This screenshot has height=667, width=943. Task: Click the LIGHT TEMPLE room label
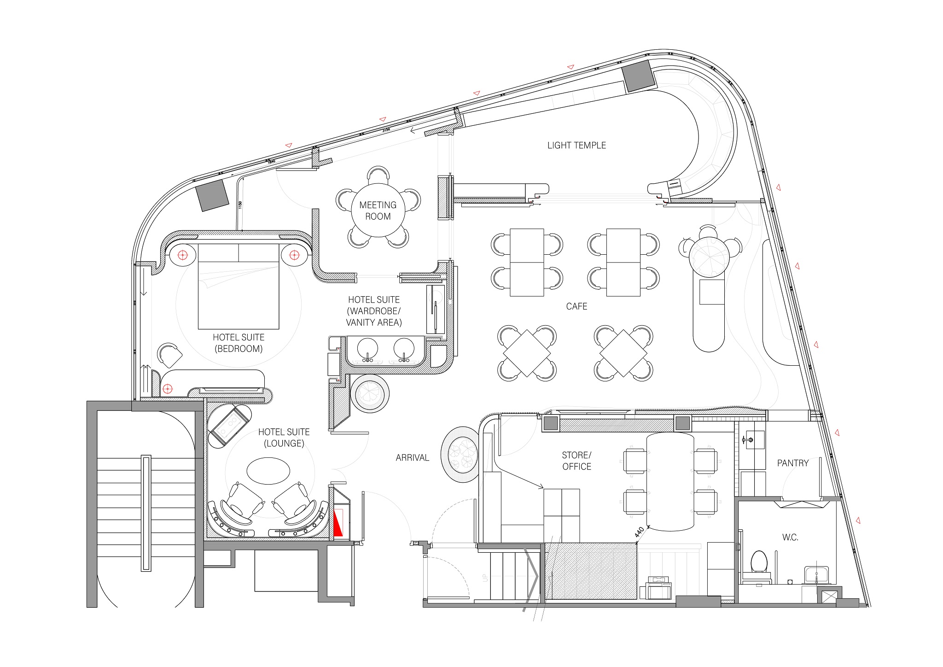pos(576,146)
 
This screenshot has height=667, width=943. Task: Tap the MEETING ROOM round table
pos(378,211)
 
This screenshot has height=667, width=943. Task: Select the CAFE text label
pos(576,306)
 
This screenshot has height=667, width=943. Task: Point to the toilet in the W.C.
pos(758,562)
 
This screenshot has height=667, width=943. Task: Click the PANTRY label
pos(792,463)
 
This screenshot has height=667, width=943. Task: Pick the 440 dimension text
pos(639,532)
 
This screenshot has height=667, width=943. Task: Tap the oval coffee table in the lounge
pos(268,471)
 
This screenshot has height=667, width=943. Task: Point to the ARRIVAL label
pos(412,457)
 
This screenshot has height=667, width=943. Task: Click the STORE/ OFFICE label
pos(576,461)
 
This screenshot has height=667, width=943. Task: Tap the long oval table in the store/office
pos(670,481)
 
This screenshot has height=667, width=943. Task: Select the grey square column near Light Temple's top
pos(639,76)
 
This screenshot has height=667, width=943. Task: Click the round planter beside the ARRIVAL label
pos(460,454)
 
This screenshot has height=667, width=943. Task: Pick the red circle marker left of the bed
pos(183,255)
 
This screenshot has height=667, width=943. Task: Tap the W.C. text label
pos(790,537)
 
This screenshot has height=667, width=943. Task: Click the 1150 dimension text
pos(240,205)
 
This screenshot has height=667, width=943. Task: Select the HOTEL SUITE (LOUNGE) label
pos(284,438)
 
